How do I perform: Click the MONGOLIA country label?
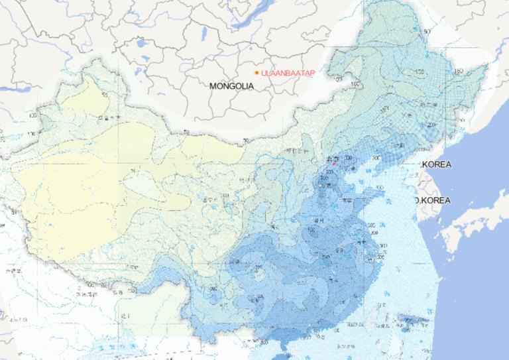tap(231, 86)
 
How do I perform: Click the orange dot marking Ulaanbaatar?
tap(256, 72)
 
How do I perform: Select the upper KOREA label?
tap(436, 164)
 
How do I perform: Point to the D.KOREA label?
tap(433, 200)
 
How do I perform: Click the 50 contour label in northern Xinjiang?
tap(105, 97)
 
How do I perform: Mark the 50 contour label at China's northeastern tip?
tap(427, 31)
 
